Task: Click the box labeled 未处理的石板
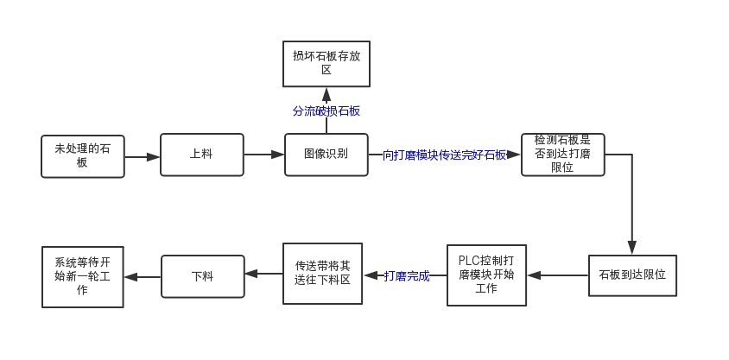click(x=82, y=155)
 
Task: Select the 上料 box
click(x=201, y=155)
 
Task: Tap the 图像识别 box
click(x=326, y=155)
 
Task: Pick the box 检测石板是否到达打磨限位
click(x=562, y=155)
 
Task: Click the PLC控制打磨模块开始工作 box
click(x=487, y=275)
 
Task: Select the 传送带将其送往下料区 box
click(x=322, y=274)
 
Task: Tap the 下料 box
click(x=202, y=276)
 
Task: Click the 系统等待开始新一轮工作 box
click(x=83, y=276)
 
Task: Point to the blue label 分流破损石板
click(x=326, y=111)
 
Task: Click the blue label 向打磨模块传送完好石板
click(x=444, y=155)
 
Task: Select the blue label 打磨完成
click(x=407, y=276)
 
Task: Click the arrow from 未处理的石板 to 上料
click(x=142, y=157)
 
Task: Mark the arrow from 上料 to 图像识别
click(x=264, y=155)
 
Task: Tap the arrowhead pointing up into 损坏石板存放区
click(x=326, y=92)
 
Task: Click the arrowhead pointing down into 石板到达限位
click(x=632, y=249)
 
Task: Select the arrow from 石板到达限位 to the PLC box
click(x=558, y=275)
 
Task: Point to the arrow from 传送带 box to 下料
click(x=264, y=275)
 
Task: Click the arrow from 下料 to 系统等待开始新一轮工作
click(x=143, y=276)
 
